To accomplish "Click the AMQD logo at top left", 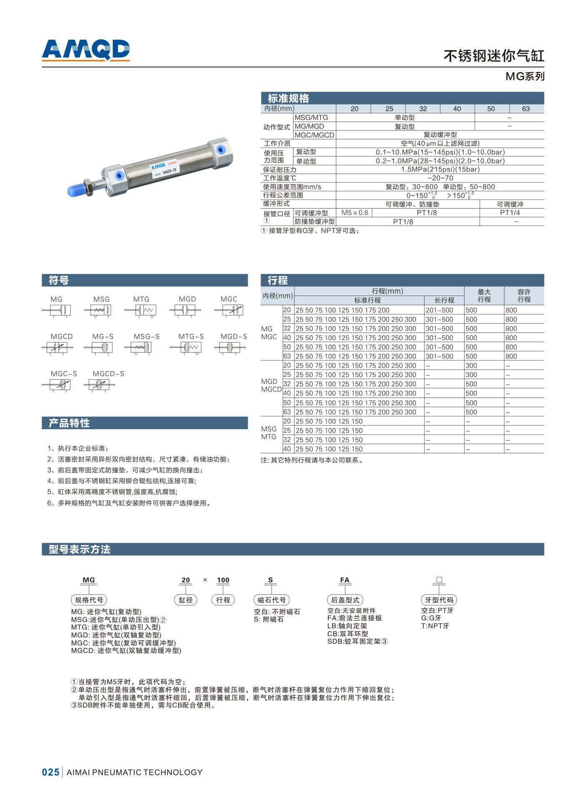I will click(86, 50).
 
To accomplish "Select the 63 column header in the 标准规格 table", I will click(525, 109).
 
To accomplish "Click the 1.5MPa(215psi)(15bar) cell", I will click(440, 169).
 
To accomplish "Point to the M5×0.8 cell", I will click(354, 213).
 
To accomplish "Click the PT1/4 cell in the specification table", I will click(510, 213).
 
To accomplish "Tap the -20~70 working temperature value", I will click(440, 178).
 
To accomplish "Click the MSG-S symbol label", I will click(146, 336).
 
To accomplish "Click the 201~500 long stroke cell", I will click(439, 310).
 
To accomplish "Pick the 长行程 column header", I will click(444, 300).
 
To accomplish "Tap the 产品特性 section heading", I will click(69, 423).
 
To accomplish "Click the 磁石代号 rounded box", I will click(271, 600).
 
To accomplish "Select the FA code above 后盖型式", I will click(344, 580).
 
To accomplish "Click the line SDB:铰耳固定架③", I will click(357, 641).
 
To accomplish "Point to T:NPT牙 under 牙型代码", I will click(435, 626).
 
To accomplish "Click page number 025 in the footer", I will click(51, 772).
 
